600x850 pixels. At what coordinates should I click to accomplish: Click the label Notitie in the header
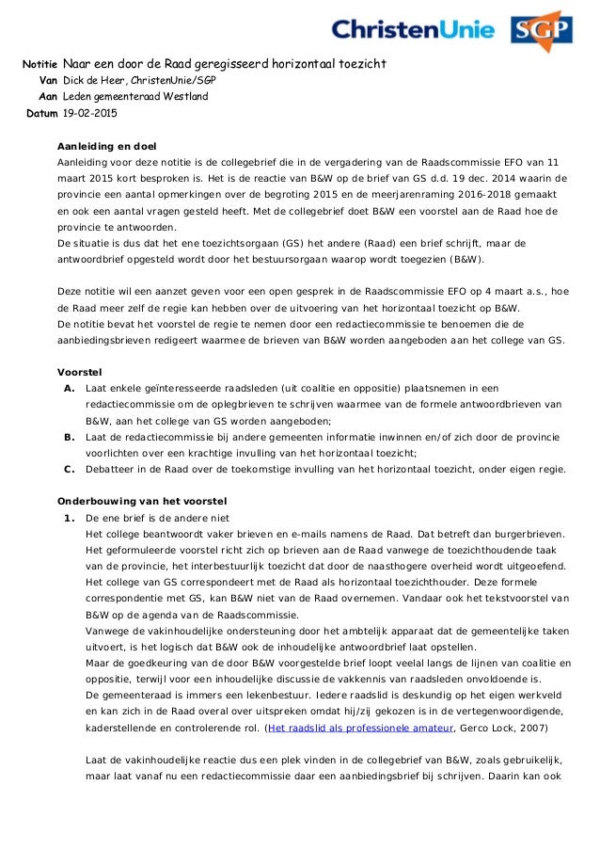click(41, 64)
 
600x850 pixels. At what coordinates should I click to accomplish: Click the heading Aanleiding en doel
click(107, 146)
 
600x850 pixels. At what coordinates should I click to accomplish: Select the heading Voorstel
click(80, 371)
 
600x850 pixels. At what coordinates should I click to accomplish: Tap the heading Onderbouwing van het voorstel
click(142, 500)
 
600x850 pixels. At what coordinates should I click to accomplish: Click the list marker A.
click(69, 388)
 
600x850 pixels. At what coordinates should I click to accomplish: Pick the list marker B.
click(69, 437)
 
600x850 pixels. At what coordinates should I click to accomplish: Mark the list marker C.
click(69, 469)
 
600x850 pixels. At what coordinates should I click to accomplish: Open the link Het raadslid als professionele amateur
click(359, 728)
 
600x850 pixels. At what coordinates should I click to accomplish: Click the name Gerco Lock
click(485, 728)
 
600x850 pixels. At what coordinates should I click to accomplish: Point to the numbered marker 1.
click(69, 518)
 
